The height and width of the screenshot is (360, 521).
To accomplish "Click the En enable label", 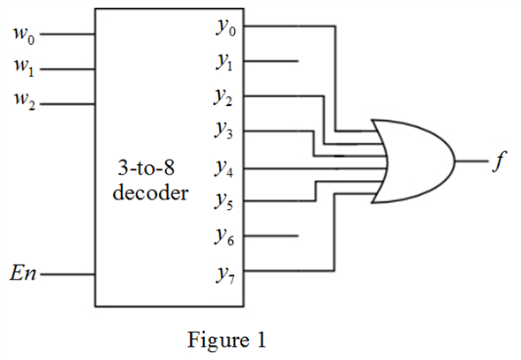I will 23,274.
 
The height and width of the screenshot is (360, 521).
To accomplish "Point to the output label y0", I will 225,28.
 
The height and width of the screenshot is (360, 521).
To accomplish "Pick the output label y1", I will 225,63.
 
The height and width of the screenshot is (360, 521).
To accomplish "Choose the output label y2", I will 225,97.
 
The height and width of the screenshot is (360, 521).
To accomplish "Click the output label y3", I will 225,132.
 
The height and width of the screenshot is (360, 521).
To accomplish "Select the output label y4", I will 225,168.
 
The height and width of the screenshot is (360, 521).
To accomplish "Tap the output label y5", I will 225,202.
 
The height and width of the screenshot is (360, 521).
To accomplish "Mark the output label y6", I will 225,237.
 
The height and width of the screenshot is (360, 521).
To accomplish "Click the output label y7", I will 225,272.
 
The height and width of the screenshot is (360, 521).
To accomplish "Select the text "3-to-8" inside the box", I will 150,168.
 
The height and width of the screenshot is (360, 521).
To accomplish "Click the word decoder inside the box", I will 150,191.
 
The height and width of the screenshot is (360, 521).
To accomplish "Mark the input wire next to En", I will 67,274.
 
